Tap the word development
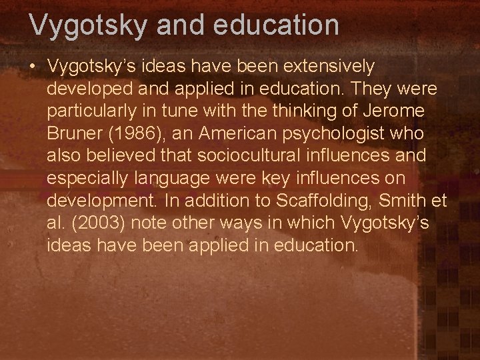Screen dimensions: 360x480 102,201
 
